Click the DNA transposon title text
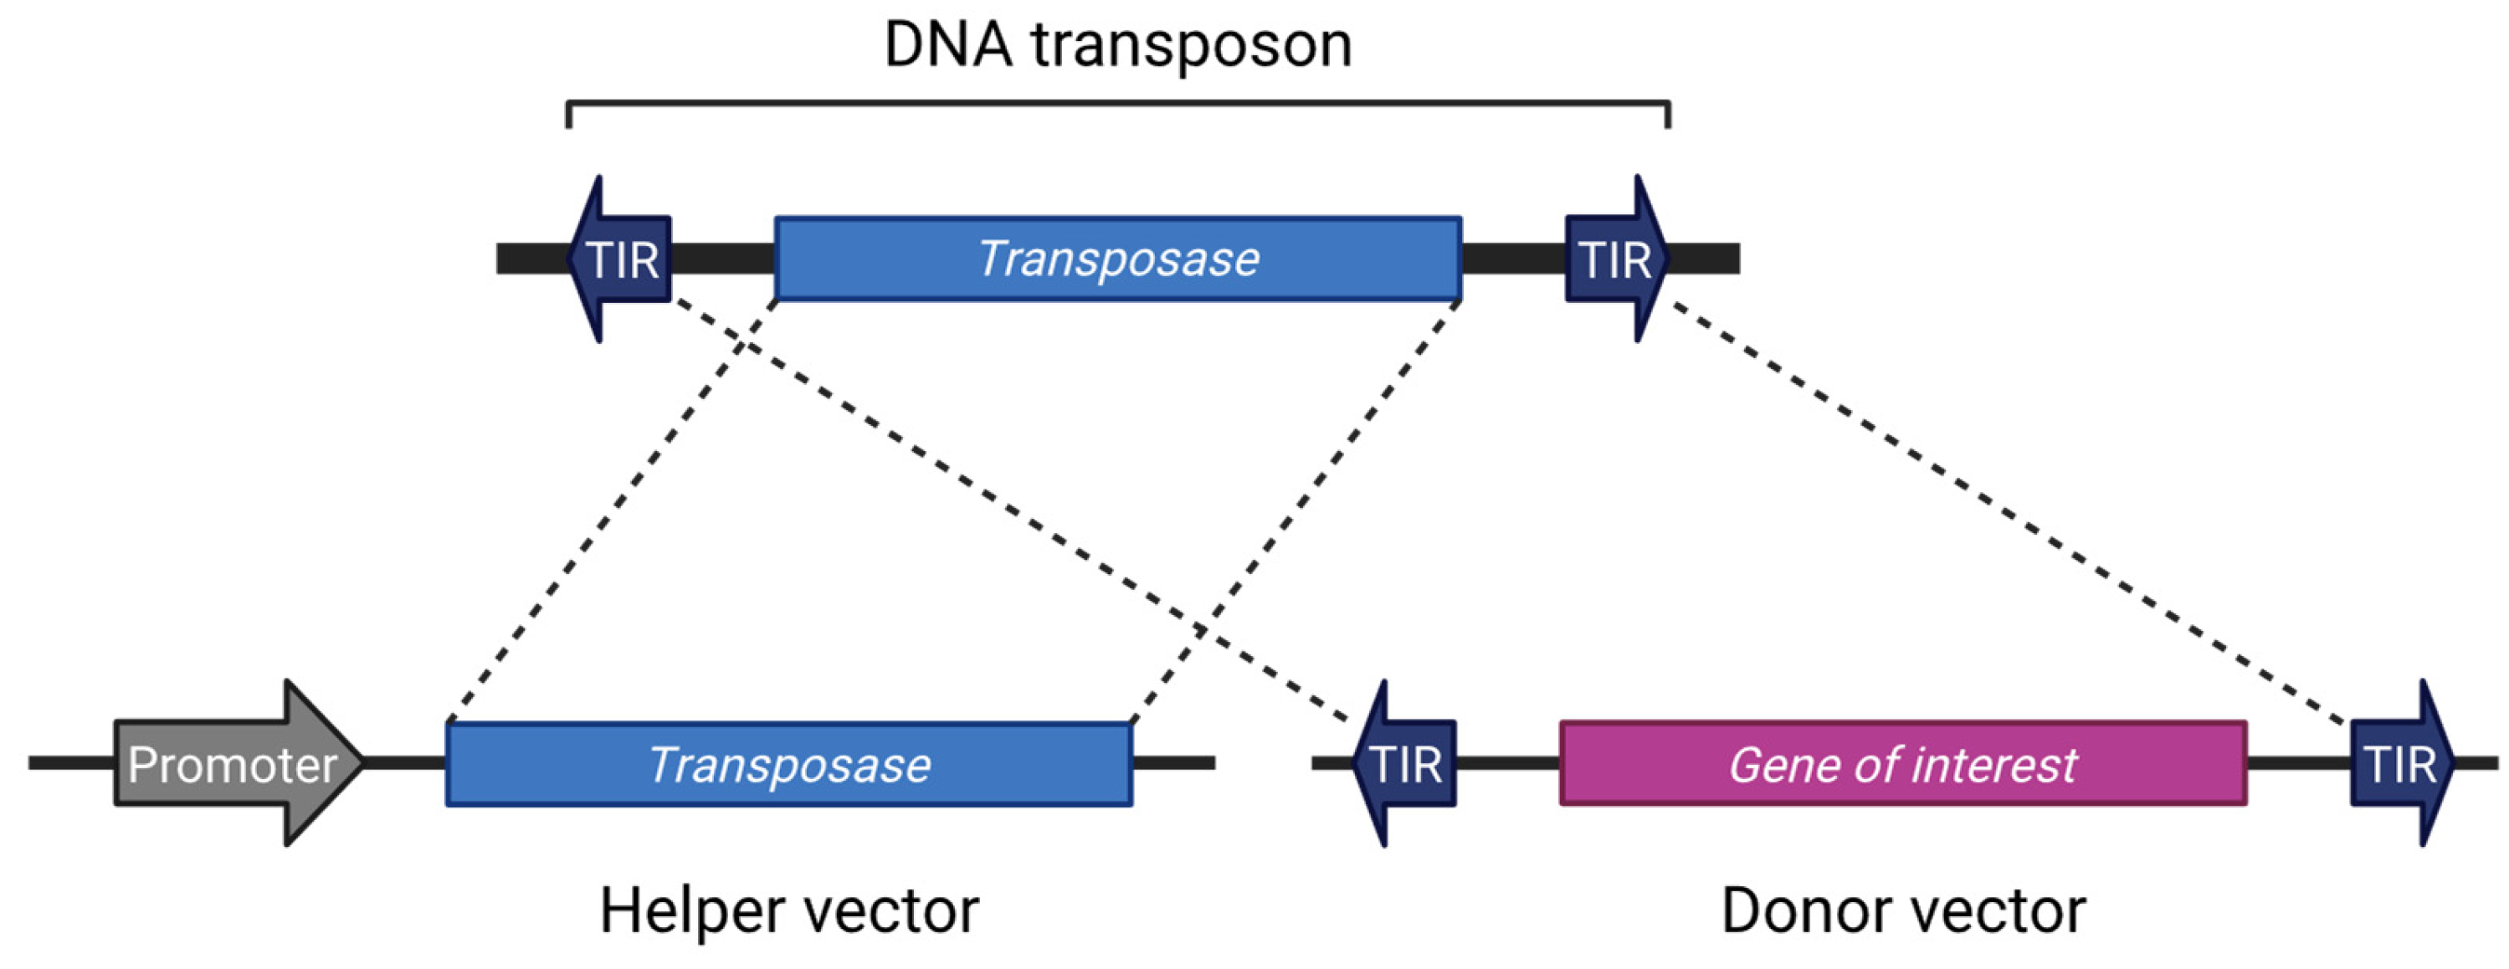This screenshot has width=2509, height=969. click(1117, 45)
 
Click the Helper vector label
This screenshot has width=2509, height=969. click(789, 911)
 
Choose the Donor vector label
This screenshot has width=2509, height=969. click(1902, 911)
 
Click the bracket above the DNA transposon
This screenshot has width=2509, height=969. click(1118, 102)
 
